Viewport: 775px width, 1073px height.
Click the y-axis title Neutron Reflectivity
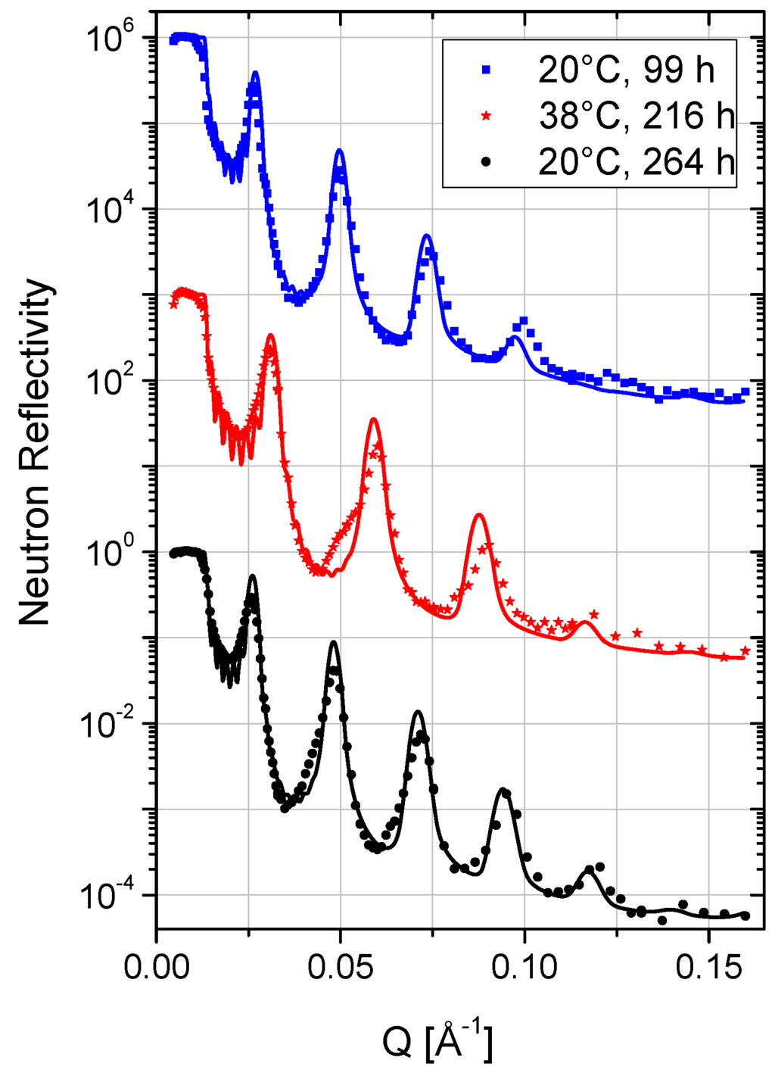[36, 452]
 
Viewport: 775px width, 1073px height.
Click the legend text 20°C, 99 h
[626, 70]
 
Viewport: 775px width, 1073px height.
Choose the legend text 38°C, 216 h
[636, 116]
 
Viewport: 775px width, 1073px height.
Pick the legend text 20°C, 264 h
[636, 162]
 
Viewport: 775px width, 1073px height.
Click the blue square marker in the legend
[486, 70]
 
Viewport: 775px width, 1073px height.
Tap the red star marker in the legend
[486, 116]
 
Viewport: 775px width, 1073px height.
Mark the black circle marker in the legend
[486, 162]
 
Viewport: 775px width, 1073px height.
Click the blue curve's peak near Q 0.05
[340, 151]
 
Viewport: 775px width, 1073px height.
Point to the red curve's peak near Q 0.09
[479, 516]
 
